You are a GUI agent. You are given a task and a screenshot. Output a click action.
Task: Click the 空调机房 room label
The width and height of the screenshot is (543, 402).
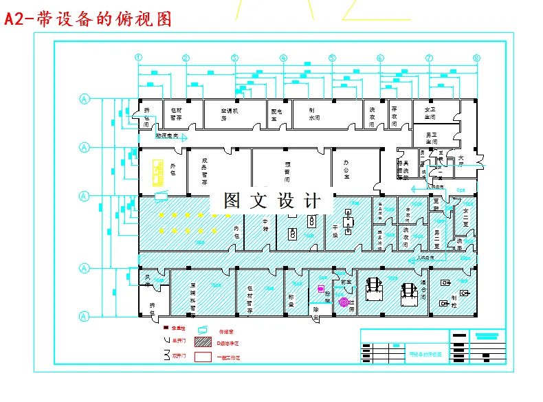pos(228,114)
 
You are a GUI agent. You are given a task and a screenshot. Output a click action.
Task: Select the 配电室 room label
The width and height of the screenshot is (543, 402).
pos(277,114)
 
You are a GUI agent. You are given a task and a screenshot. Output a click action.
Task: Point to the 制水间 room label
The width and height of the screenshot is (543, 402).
pos(314,114)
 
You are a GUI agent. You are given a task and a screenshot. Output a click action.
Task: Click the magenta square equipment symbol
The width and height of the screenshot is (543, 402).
pos(320,289)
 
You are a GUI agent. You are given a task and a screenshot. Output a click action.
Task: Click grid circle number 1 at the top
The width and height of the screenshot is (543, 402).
pos(138,58)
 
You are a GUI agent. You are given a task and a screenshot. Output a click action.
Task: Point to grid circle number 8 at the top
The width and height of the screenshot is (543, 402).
pos(476,58)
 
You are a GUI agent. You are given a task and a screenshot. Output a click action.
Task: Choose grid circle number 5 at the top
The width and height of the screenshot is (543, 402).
pos(332,58)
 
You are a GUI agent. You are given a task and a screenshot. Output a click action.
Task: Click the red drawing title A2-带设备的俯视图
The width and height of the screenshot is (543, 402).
pos(88,19)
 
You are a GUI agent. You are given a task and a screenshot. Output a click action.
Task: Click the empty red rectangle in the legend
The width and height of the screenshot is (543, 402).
pos(204,357)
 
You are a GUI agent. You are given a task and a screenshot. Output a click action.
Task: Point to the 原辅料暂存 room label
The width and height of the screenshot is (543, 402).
pos(193,297)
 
